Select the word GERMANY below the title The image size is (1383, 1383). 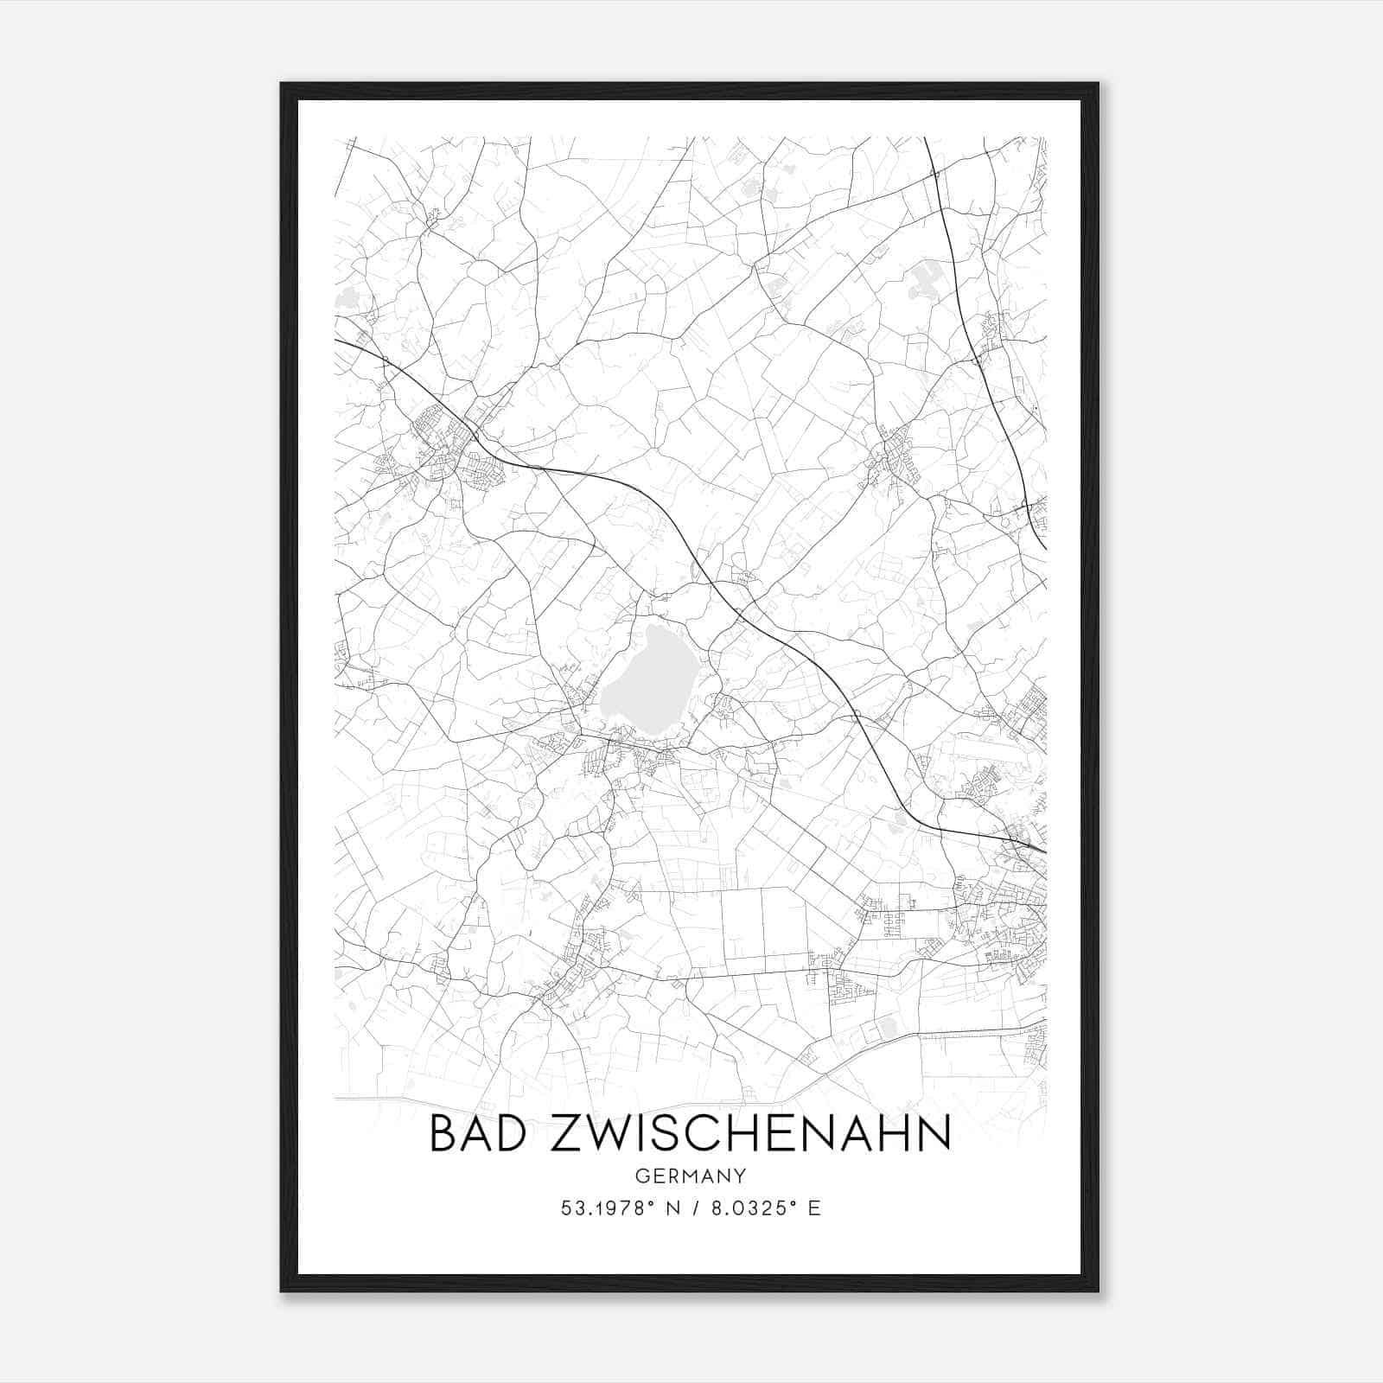(x=690, y=1176)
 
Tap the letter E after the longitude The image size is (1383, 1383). (x=813, y=1208)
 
